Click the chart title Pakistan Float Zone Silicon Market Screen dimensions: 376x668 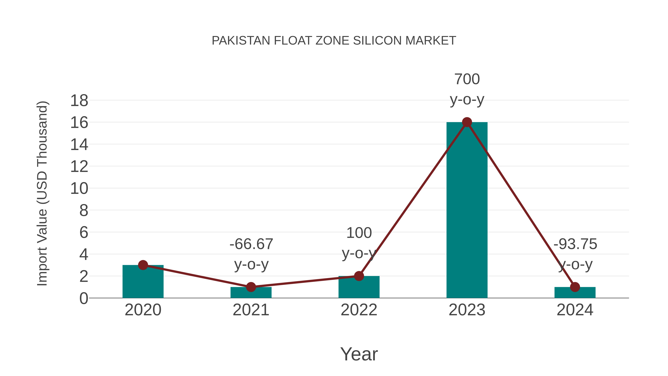(334, 41)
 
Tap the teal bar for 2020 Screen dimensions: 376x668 (143, 283)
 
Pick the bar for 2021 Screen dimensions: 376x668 (251, 293)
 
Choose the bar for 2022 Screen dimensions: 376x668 (359, 288)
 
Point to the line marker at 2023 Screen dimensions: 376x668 (467, 122)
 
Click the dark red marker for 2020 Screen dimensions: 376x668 (143, 265)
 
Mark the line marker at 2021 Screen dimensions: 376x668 (251, 287)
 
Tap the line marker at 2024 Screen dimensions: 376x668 (575, 287)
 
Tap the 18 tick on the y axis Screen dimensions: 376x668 (79, 101)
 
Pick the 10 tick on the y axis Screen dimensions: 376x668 (79, 189)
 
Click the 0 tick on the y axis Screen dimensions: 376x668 (83, 298)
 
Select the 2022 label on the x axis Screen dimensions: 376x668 (359, 310)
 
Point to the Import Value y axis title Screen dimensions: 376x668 (42, 193)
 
